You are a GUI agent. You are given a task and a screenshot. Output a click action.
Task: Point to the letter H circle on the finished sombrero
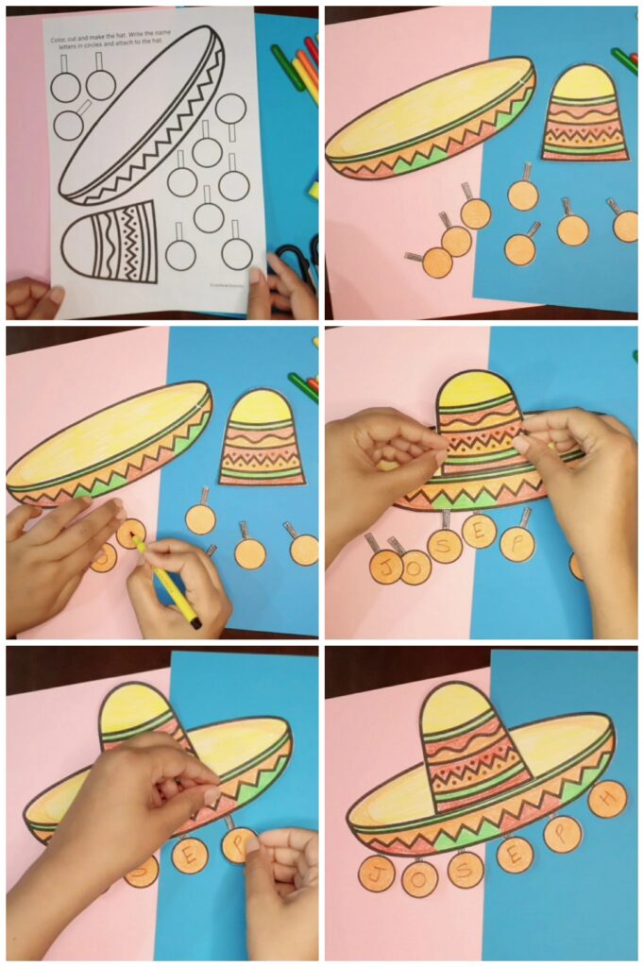click(606, 799)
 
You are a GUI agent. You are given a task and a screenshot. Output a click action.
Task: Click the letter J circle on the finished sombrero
click(377, 874)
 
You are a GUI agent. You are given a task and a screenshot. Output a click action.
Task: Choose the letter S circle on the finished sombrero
click(465, 869)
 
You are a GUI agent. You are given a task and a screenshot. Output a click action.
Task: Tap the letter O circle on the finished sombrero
click(419, 878)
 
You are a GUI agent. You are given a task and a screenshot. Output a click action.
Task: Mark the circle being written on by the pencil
click(129, 534)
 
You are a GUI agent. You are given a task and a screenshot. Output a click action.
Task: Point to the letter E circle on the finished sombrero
click(515, 854)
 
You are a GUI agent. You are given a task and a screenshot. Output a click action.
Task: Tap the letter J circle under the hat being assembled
click(385, 567)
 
